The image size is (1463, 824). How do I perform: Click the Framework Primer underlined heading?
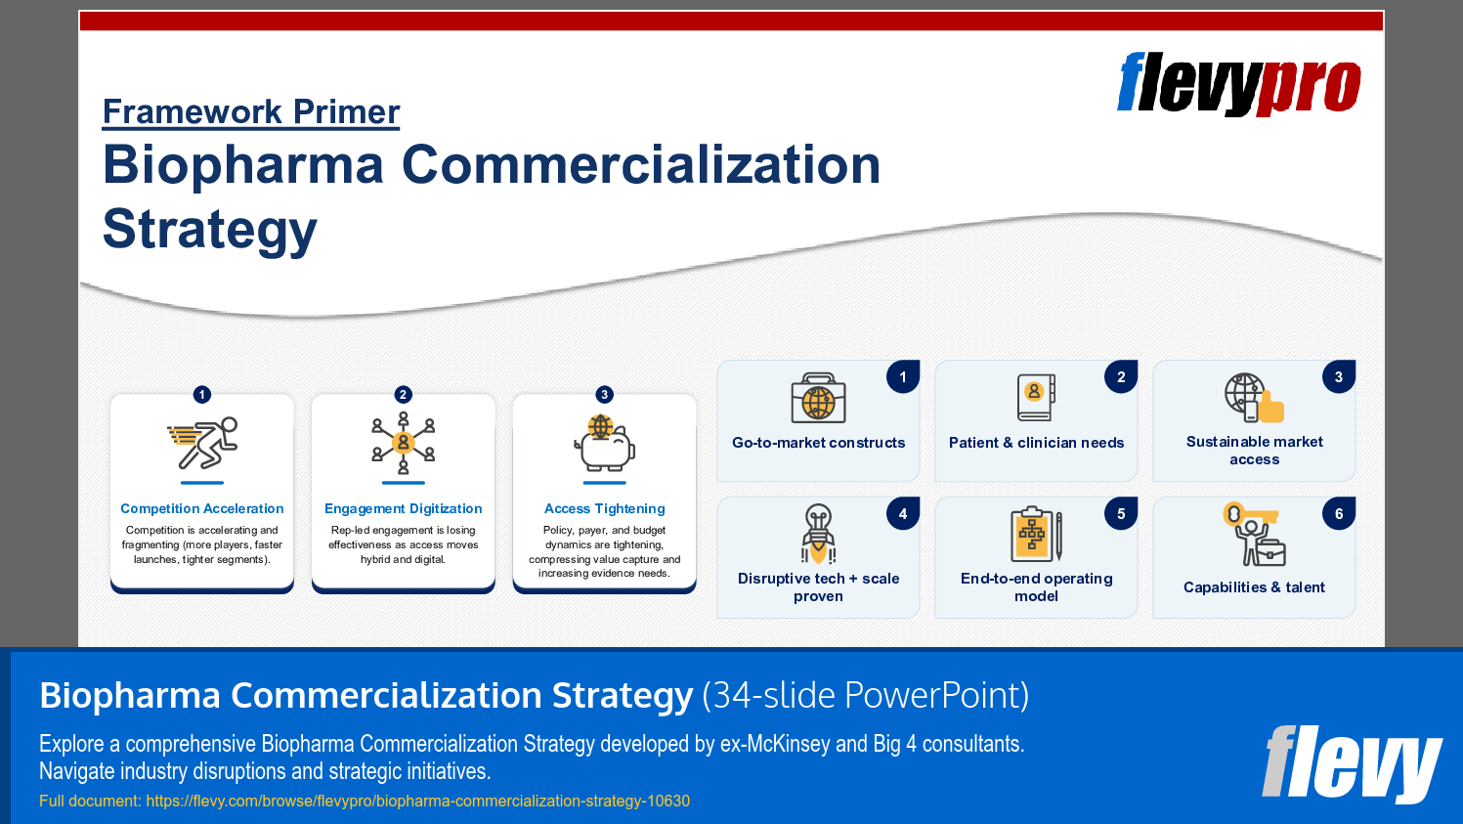click(251, 111)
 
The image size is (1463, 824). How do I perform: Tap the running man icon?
click(202, 443)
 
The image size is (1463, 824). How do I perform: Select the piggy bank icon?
click(604, 443)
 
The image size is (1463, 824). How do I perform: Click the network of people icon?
click(403, 443)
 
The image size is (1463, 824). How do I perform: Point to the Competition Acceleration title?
click(202, 508)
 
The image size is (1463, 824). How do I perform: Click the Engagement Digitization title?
click(403, 508)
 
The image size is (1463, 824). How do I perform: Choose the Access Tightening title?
click(604, 508)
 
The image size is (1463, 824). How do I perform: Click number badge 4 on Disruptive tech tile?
click(903, 513)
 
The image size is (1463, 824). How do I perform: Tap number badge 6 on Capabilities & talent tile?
click(1339, 513)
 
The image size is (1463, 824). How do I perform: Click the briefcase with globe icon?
click(818, 398)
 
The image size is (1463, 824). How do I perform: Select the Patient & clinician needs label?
click(1036, 443)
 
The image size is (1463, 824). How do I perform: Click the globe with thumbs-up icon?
click(1254, 398)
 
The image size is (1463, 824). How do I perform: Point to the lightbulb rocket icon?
click(818, 534)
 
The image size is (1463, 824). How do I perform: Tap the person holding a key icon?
click(1254, 534)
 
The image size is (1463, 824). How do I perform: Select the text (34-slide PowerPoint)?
click(865, 695)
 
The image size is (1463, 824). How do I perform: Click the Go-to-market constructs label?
click(818, 443)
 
